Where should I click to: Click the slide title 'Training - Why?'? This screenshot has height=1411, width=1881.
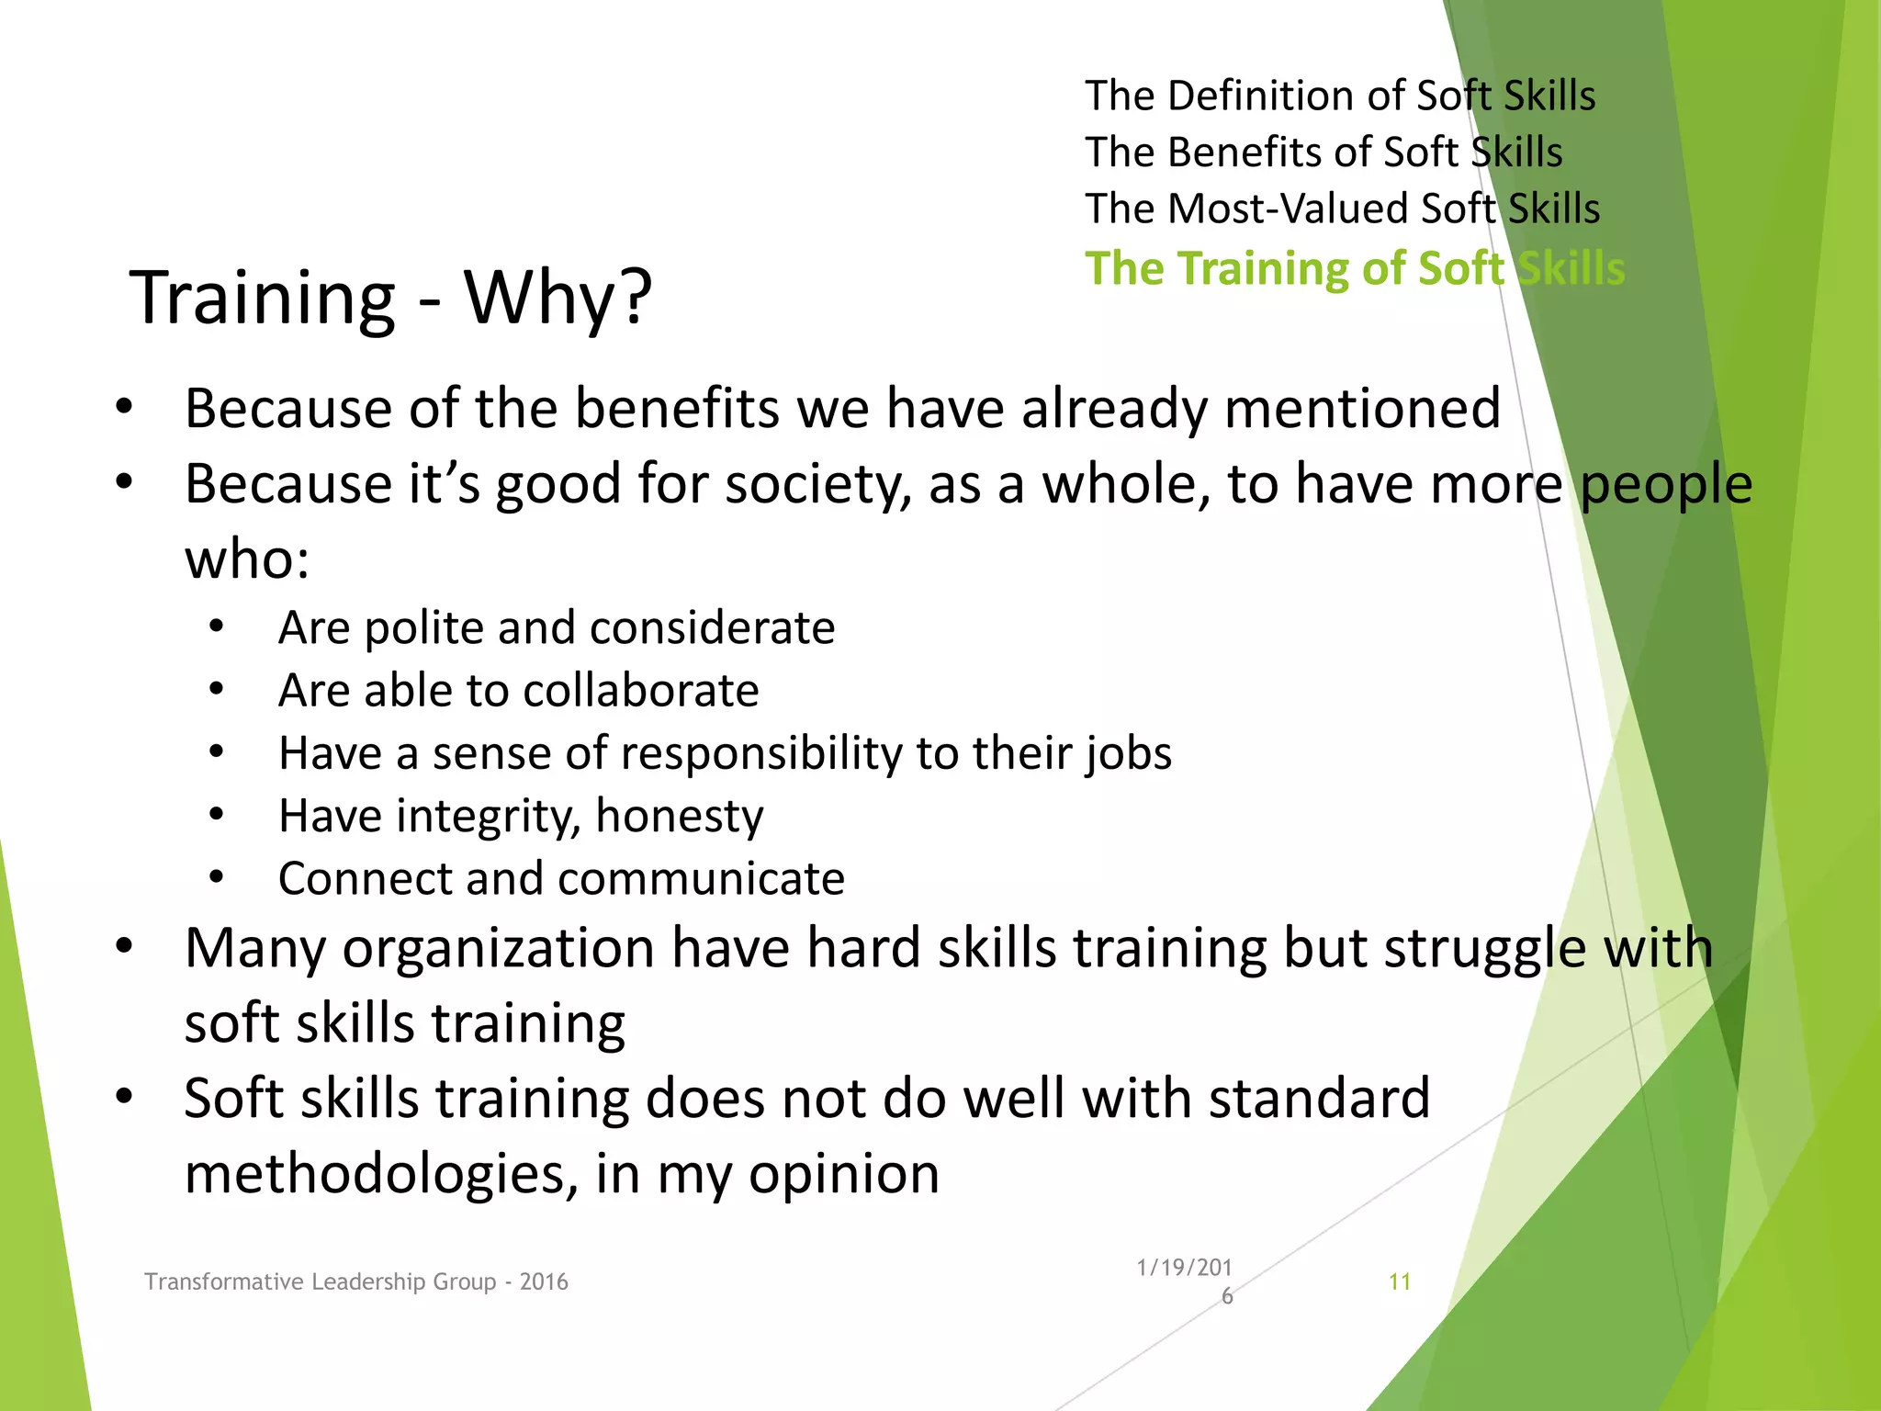390,298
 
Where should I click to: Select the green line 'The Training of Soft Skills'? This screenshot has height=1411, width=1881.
1355,268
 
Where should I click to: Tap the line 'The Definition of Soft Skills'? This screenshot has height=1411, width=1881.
1340,96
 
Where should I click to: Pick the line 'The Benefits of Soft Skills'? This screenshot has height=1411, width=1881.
1323,152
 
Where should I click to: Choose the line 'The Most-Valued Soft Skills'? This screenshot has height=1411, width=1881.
1342,209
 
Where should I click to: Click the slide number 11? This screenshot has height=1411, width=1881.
1399,1281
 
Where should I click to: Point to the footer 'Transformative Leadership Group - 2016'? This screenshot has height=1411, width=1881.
356,1281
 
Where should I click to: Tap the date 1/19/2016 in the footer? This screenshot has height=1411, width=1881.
1184,1281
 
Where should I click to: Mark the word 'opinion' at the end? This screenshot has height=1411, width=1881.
843,1176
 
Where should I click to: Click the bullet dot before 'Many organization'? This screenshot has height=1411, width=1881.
125,946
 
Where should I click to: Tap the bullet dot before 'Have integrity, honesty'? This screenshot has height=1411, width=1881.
217,815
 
